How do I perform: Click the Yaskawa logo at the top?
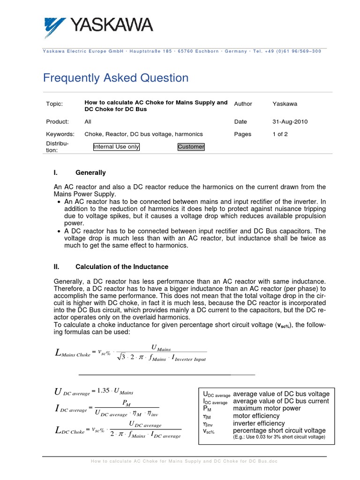[98, 26]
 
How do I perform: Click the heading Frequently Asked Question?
[116, 78]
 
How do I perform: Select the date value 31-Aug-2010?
[290, 121]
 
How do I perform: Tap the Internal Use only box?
[116, 147]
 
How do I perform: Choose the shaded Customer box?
[191, 147]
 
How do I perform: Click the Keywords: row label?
[60, 134]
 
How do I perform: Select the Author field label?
[243, 104]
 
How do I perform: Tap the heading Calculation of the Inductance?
[122, 267]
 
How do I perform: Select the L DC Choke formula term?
[70, 430]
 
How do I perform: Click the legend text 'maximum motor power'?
[267, 408]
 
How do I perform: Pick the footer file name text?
[184, 461]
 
